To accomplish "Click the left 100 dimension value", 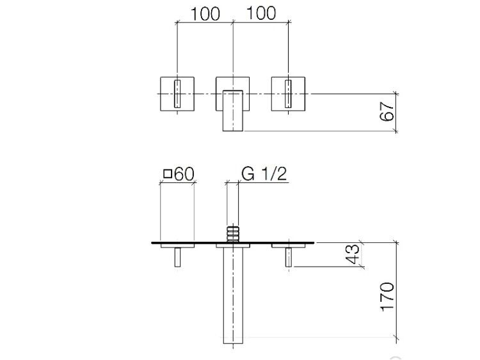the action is [x=205, y=14].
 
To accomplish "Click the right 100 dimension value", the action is [x=261, y=13].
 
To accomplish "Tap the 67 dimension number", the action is [x=387, y=112].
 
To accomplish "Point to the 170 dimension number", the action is [x=387, y=297].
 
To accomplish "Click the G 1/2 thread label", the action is [x=264, y=174].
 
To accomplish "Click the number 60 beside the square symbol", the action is [x=184, y=174].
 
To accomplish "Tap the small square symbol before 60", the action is [x=168, y=174].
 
